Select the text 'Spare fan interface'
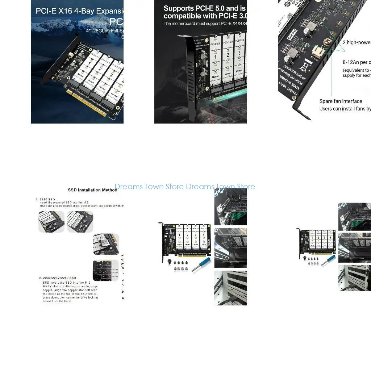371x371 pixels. coord(341,101)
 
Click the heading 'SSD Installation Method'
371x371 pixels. coord(92,190)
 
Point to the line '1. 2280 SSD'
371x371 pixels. coord(45,199)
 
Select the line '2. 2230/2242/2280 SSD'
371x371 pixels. coord(58,278)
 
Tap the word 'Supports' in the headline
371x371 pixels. coord(179,8)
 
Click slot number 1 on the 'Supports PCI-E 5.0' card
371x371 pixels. coord(215,57)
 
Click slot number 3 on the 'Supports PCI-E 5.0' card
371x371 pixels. coord(239,53)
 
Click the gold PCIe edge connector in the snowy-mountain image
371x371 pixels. coord(87,104)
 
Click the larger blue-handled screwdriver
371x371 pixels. coord(201,264)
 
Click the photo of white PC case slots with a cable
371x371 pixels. coord(230,288)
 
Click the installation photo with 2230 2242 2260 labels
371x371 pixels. coord(106,270)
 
